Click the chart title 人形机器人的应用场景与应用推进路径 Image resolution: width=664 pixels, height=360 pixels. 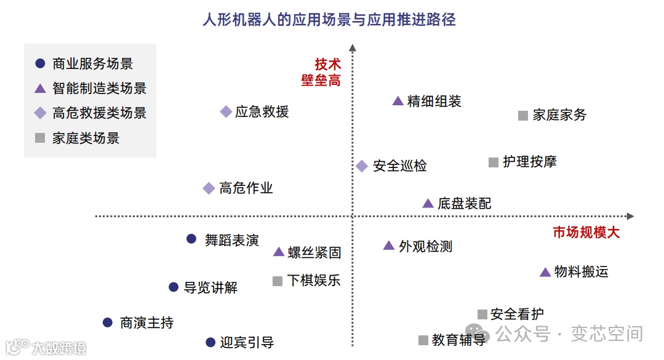329,20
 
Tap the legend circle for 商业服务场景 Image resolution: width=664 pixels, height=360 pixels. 41,63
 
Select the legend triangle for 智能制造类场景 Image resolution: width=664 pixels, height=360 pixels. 41,89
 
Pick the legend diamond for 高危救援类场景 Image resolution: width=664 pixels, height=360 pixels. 41,113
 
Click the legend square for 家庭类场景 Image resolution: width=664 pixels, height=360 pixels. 41,138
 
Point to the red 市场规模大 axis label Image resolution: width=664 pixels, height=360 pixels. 586,233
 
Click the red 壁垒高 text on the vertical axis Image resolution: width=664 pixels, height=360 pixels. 321,81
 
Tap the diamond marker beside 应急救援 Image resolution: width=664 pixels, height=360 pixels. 226,111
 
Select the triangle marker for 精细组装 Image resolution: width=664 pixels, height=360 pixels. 398,101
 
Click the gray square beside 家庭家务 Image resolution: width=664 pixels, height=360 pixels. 523,115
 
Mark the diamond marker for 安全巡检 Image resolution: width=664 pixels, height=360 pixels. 362,166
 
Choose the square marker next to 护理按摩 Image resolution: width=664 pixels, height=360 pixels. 493,162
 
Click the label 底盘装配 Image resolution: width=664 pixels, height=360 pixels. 464,204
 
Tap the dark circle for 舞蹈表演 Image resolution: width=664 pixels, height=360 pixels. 191,239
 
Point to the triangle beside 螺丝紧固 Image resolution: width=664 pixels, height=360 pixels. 278,252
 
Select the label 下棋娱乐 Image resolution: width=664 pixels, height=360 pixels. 313,281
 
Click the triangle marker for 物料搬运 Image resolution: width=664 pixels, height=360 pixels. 545,272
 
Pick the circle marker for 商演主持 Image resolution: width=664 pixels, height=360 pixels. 108,322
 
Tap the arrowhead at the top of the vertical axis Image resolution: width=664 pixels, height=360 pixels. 353,47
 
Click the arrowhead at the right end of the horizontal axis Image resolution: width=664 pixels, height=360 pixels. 630,216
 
